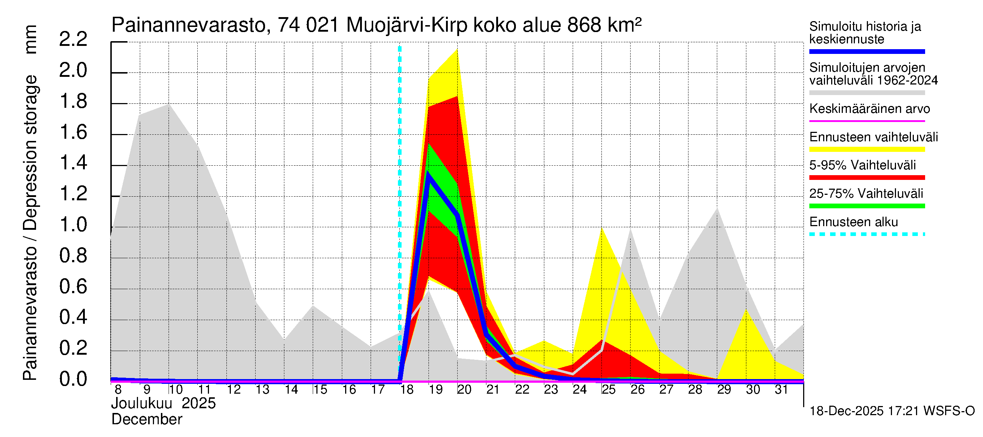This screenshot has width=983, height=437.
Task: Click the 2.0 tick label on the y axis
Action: coord(73,71)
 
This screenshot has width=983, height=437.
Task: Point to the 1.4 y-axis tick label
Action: coord(73,163)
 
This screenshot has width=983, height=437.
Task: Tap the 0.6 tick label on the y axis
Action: coord(73,287)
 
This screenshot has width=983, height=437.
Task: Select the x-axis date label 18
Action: coord(407,390)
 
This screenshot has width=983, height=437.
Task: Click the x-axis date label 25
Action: coord(608,390)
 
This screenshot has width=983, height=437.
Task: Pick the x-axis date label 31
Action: coord(781,390)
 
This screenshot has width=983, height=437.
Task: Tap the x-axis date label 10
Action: coord(175,390)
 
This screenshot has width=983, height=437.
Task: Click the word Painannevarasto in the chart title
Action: coord(189,25)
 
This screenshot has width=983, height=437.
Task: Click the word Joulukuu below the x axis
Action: coord(142,403)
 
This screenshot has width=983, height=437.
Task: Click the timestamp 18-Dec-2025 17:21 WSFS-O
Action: coord(892,411)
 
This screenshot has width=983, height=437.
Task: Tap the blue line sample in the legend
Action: coord(866,51)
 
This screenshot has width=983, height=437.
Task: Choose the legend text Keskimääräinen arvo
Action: coord(869,109)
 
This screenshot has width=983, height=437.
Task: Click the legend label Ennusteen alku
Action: coord(853,222)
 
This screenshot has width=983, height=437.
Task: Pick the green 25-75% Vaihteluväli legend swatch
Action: coord(866,206)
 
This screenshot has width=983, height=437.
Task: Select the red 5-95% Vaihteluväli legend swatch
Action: coord(866,177)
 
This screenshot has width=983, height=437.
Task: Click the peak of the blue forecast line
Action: coord(429,174)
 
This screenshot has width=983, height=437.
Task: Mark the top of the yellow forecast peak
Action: coord(457,50)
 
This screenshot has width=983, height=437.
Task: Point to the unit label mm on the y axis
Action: coord(31,39)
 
